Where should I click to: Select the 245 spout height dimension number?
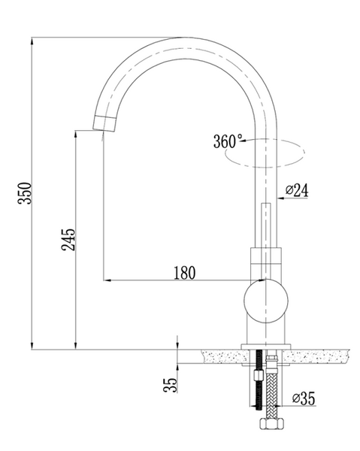point(68,240)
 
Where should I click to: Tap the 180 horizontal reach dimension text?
point(183,273)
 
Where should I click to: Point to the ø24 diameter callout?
point(298,191)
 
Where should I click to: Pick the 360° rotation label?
point(228,141)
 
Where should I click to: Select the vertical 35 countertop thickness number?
point(171,385)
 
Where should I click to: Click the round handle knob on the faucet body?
point(265,300)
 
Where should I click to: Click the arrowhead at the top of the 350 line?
point(34,41)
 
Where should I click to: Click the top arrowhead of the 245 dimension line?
point(75,133)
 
